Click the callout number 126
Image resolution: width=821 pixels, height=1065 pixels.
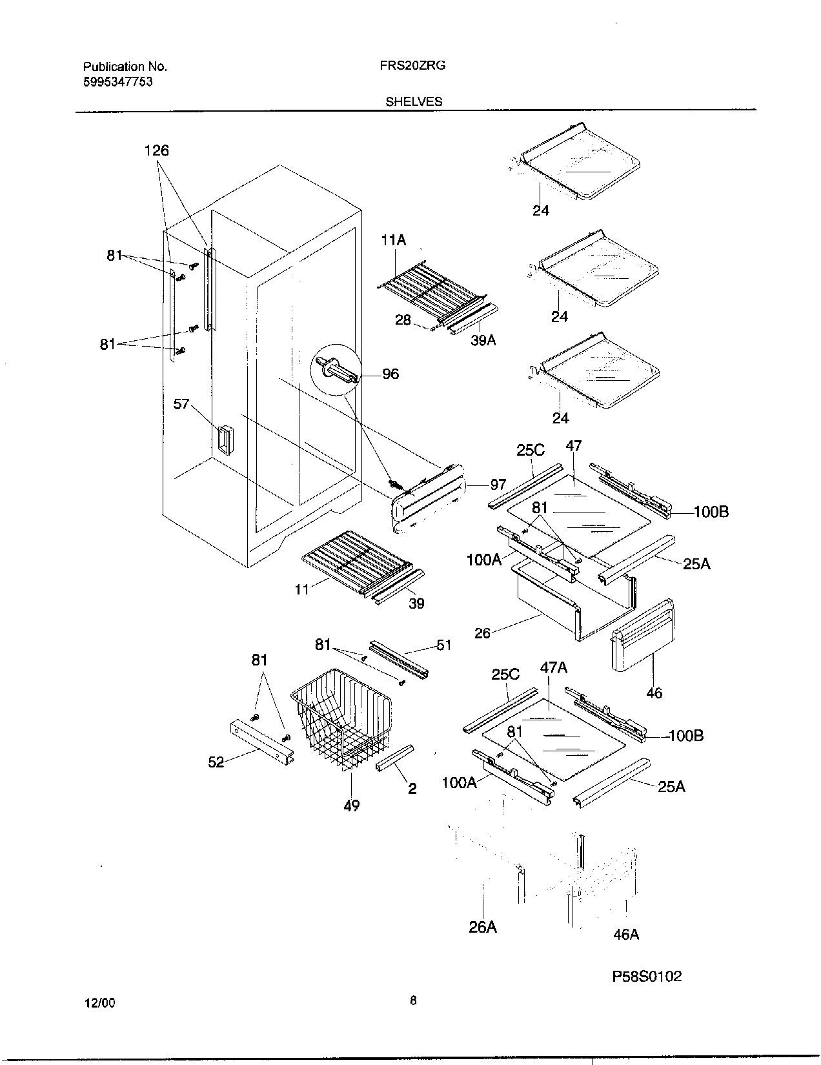tap(156, 150)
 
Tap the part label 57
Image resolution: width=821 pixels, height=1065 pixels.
tap(181, 404)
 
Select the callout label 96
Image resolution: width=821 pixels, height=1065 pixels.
tap(390, 374)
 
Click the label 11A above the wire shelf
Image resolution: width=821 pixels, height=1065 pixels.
tap(394, 241)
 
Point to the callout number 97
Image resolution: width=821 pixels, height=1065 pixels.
tap(498, 484)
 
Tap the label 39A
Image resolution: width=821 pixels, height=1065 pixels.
tap(483, 340)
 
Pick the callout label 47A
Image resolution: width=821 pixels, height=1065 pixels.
tap(553, 667)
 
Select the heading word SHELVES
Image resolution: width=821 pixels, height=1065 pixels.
tap(414, 101)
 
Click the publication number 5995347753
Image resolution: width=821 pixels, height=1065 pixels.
tap(118, 82)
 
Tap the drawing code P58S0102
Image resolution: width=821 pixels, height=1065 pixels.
tap(647, 977)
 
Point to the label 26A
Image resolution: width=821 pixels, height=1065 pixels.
tap(483, 927)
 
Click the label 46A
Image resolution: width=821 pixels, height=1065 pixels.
tap(626, 933)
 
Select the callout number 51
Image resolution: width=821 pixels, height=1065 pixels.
tap(444, 645)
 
